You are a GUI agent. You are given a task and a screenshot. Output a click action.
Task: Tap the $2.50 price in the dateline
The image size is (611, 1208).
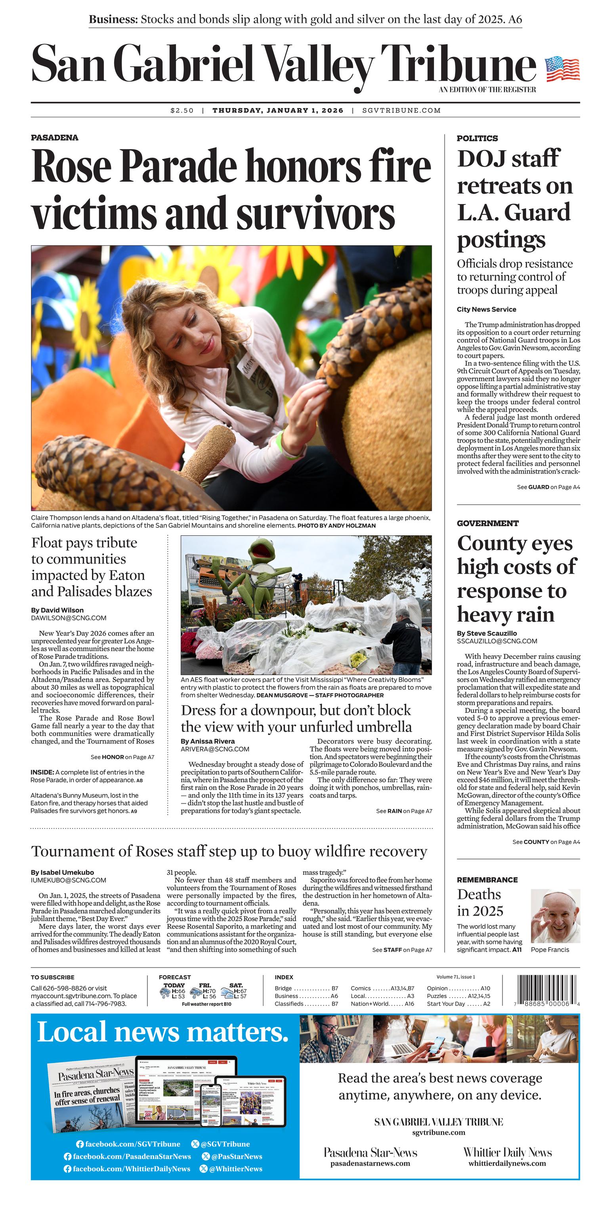[x=182, y=111]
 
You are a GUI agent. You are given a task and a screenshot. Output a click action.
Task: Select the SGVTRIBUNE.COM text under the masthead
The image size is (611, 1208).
[x=401, y=111]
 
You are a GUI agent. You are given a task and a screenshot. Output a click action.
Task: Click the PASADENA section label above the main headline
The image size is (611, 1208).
[x=54, y=137]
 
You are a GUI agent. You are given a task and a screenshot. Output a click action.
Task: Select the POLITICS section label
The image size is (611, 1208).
[x=477, y=138]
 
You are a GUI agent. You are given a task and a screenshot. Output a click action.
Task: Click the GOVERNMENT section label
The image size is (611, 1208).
[x=488, y=523]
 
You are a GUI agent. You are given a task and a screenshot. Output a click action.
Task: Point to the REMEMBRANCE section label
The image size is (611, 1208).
[x=487, y=880]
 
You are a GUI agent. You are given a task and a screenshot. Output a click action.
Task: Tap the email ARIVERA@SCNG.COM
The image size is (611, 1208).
[x=215, y=749]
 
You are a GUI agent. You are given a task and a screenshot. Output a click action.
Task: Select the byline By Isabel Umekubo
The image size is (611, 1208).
[x=62, y=872]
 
